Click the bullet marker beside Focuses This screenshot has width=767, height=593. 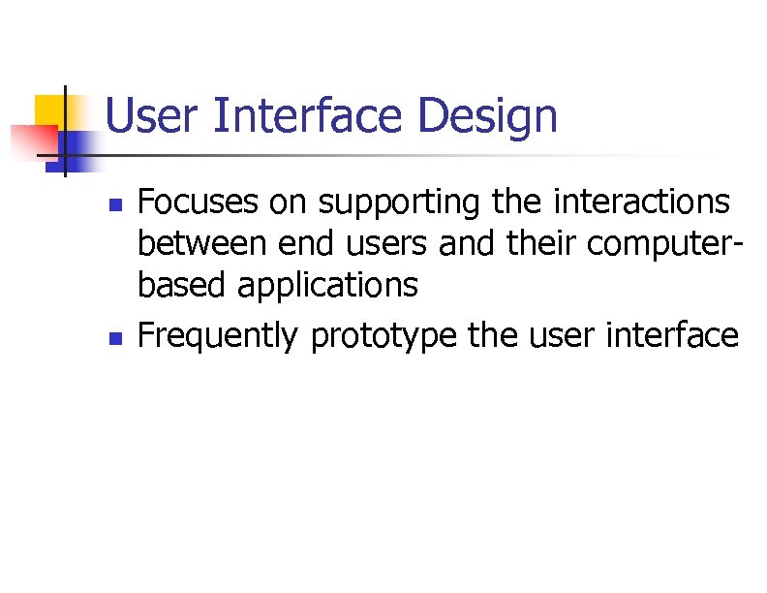tap(114, 205)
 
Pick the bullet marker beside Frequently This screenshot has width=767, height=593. tap(114, 339)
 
